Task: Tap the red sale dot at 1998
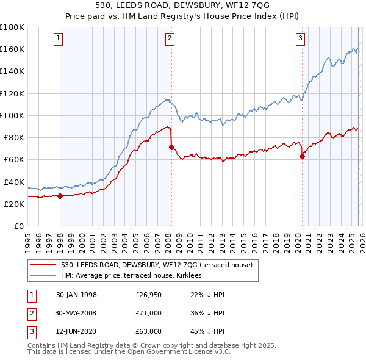point(60,196)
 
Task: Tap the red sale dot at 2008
point(171,147)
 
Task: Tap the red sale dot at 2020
point(302,156)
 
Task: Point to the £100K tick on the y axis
point(12,115)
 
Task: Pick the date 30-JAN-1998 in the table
point(76,295)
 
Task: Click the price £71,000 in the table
point(148,313)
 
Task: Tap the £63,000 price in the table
point(148,331)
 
